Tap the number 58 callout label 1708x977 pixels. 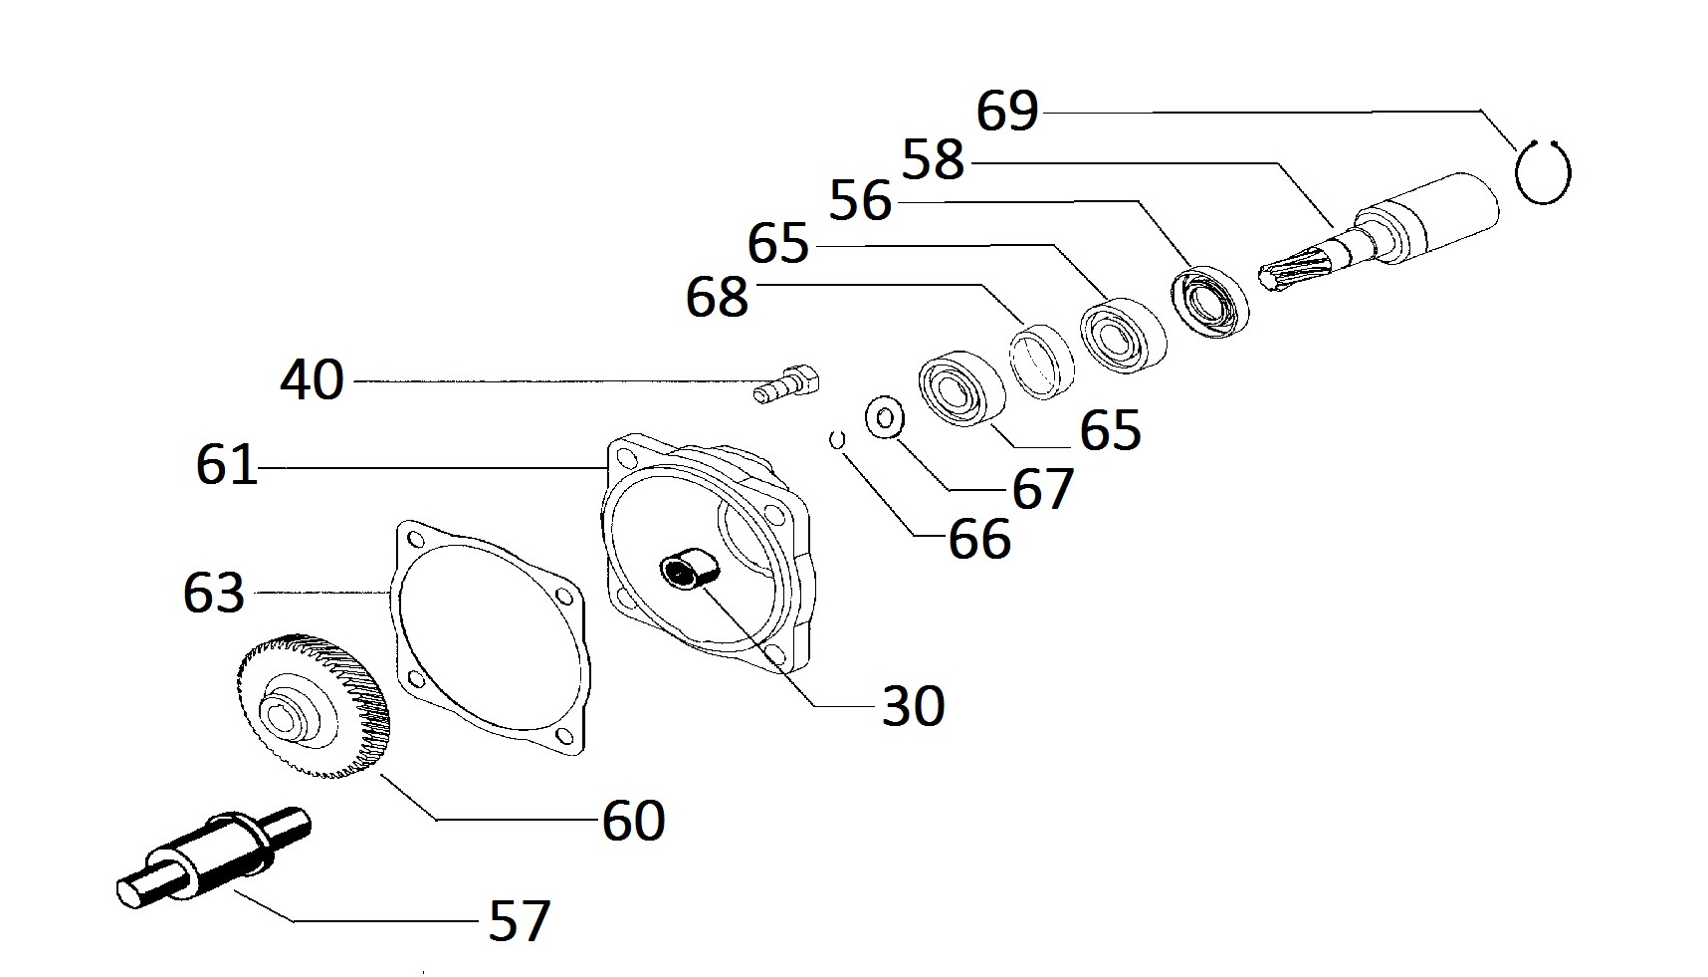[934, 159]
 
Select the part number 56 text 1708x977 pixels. [861, 200]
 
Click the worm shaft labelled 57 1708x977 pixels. [213, 857]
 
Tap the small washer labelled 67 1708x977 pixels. [884, 416]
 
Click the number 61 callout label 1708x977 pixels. [227, 465]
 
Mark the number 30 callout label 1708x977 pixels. [913, 706]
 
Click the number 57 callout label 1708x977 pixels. [520, 920]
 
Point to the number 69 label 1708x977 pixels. [1007, 111]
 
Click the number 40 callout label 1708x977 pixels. [313, 380]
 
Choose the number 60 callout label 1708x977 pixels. [633, 821]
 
